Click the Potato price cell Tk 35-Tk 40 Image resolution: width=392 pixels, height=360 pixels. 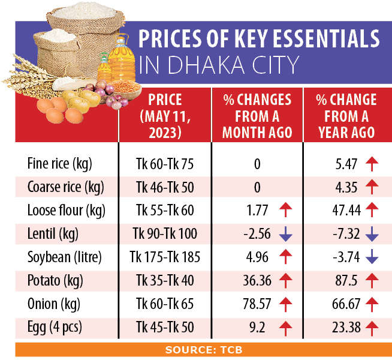click(x=165, y=280)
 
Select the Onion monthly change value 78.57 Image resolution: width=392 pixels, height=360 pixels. click(x=257, y=304)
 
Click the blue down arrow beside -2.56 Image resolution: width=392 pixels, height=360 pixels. click(x=285, y=234)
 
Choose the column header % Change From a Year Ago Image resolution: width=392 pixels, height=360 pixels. click(x=346, y=116)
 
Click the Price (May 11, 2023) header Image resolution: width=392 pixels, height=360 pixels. click(x=164, y=116)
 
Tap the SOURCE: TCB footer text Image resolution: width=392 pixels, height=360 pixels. click(x=196, y=349)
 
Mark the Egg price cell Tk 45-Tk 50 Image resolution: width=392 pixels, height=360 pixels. click(x=165, y=327)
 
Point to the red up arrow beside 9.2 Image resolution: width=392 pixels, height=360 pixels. click(x=285, y=327)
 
